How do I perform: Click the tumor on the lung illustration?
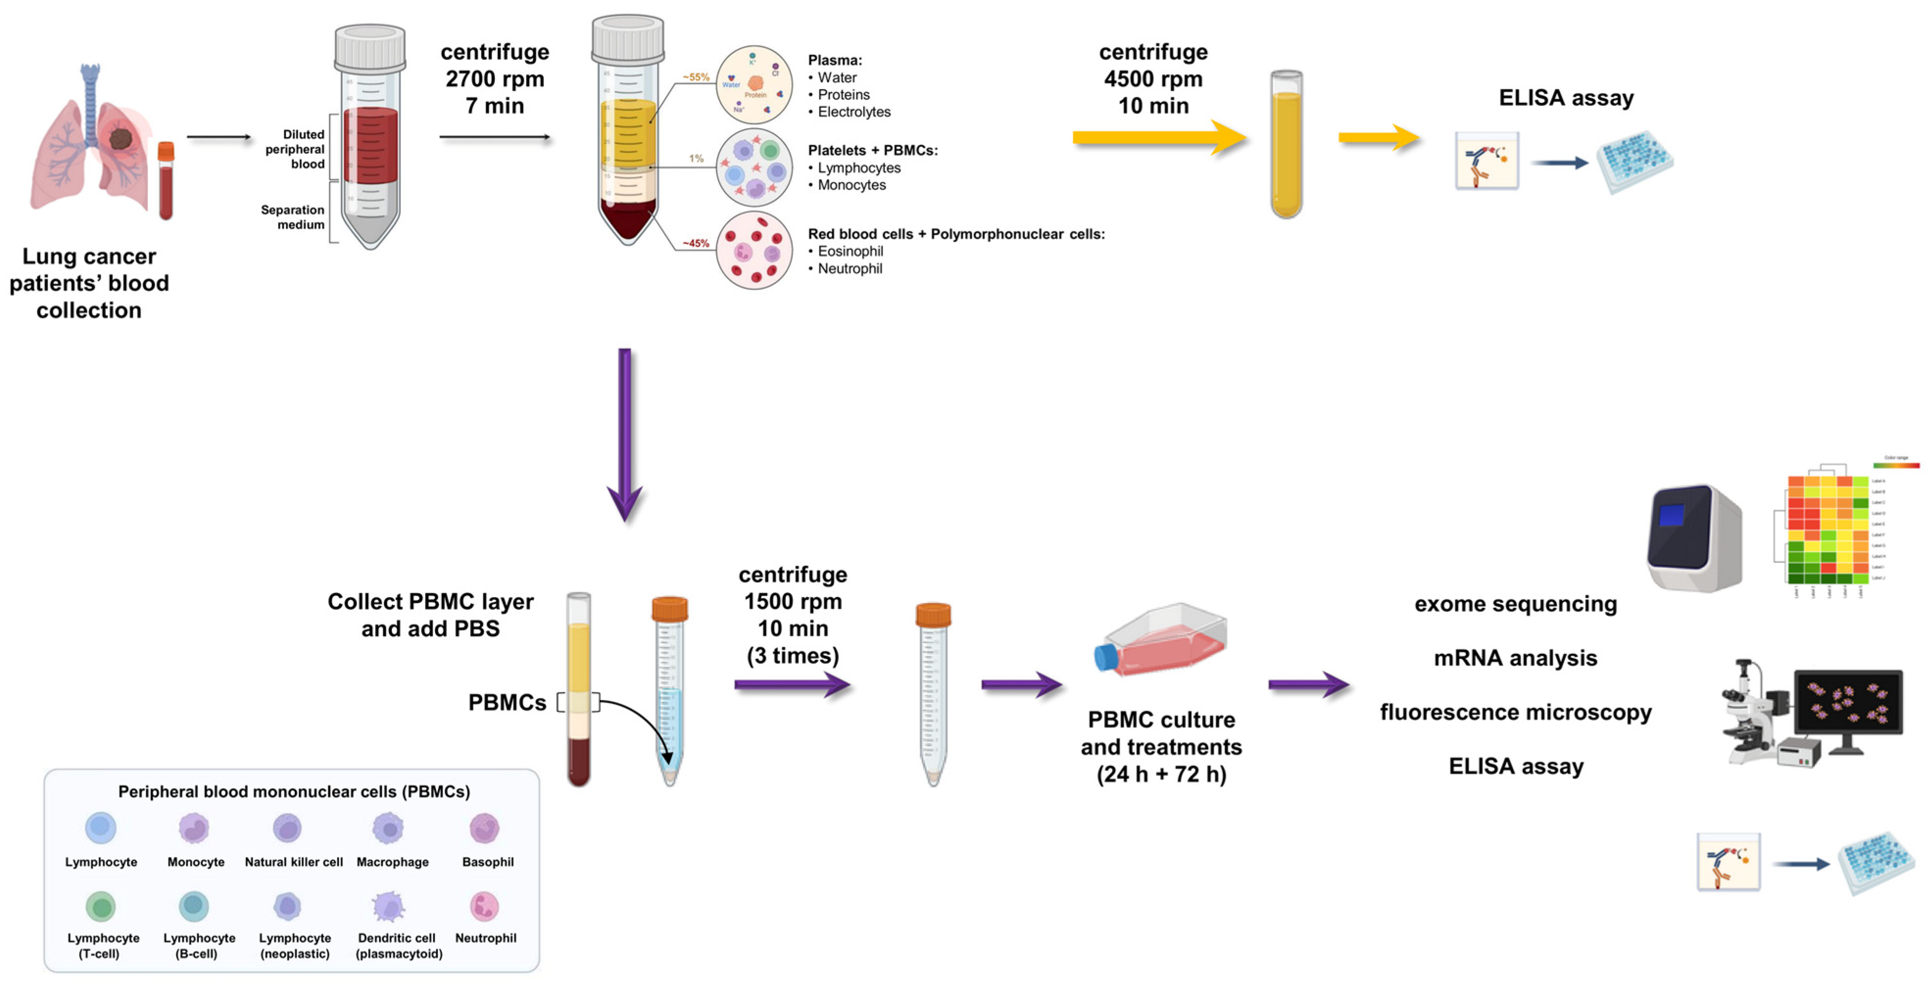(120, 138)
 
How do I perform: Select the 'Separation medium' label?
(292, 217)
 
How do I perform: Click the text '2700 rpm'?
(495, 79)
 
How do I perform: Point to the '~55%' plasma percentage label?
(695, 77)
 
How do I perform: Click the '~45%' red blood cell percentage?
(695, 243)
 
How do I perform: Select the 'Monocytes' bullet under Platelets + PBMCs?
(851, 185)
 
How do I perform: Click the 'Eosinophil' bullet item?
(849, 251)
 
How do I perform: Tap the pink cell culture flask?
(1162, 641)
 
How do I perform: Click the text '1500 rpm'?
(793, 601)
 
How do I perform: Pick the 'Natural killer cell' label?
(294, 862)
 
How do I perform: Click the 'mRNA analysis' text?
(1515, 658)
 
